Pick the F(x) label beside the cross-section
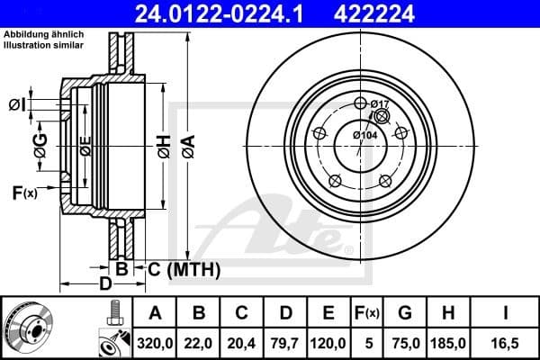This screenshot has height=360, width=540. pyautogui.click(x=24, y=192)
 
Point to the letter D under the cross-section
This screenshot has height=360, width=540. pyautogui.click(x=106, y=284)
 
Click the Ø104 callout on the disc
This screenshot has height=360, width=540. pyautogui.click(x=364, y=135)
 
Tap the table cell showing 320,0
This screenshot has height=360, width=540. pyautogui.click(x=155, y=341)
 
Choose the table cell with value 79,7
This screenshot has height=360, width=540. pyautogui.click(x=285, y=341)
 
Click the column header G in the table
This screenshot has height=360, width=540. pyautogui.click(x=405, y=313)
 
